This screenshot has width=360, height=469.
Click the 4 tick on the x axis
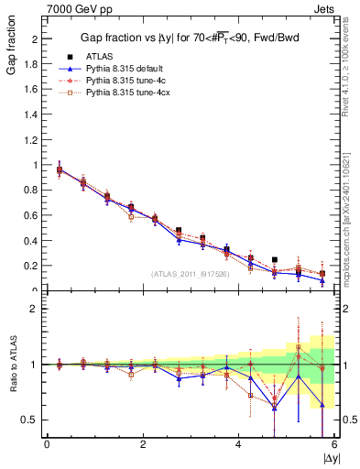(x=239, y=444)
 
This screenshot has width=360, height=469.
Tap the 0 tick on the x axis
(x=47, y=444)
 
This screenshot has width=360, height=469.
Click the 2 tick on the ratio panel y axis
(x=32, y=309)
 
